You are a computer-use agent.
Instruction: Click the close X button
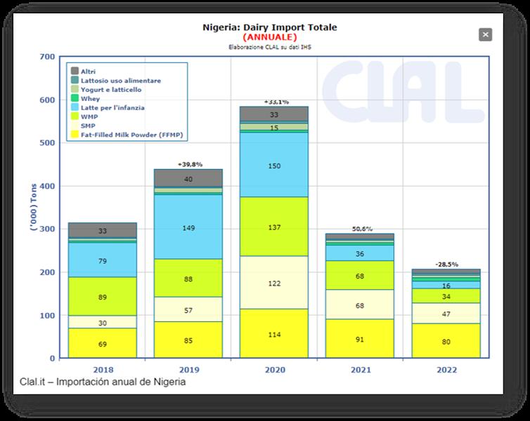coord(485,34)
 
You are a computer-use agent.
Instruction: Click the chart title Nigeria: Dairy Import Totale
coord(269,27)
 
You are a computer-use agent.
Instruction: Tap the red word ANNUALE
coord(269,36)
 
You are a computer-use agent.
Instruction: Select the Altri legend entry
coord(88,72)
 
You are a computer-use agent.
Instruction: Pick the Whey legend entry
coord(90,99)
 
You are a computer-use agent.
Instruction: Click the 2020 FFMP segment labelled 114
coord(275,334)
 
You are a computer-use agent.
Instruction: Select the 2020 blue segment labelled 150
coord(275,165)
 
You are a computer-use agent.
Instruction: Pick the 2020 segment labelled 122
coord(275,283)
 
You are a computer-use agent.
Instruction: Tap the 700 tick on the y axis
coord(47,56)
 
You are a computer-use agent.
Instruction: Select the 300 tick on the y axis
coord(47,229)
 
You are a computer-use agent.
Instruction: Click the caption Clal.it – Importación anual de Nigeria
coord(103,382)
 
